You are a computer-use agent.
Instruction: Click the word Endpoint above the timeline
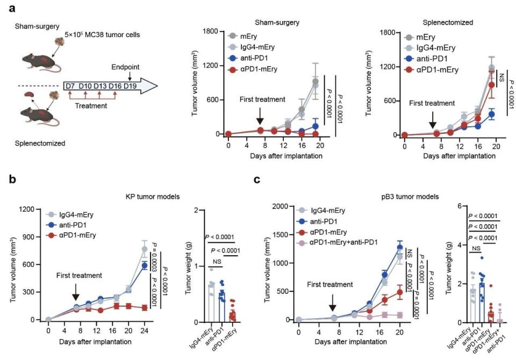125,67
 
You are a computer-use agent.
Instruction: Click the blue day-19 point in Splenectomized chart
491,114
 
